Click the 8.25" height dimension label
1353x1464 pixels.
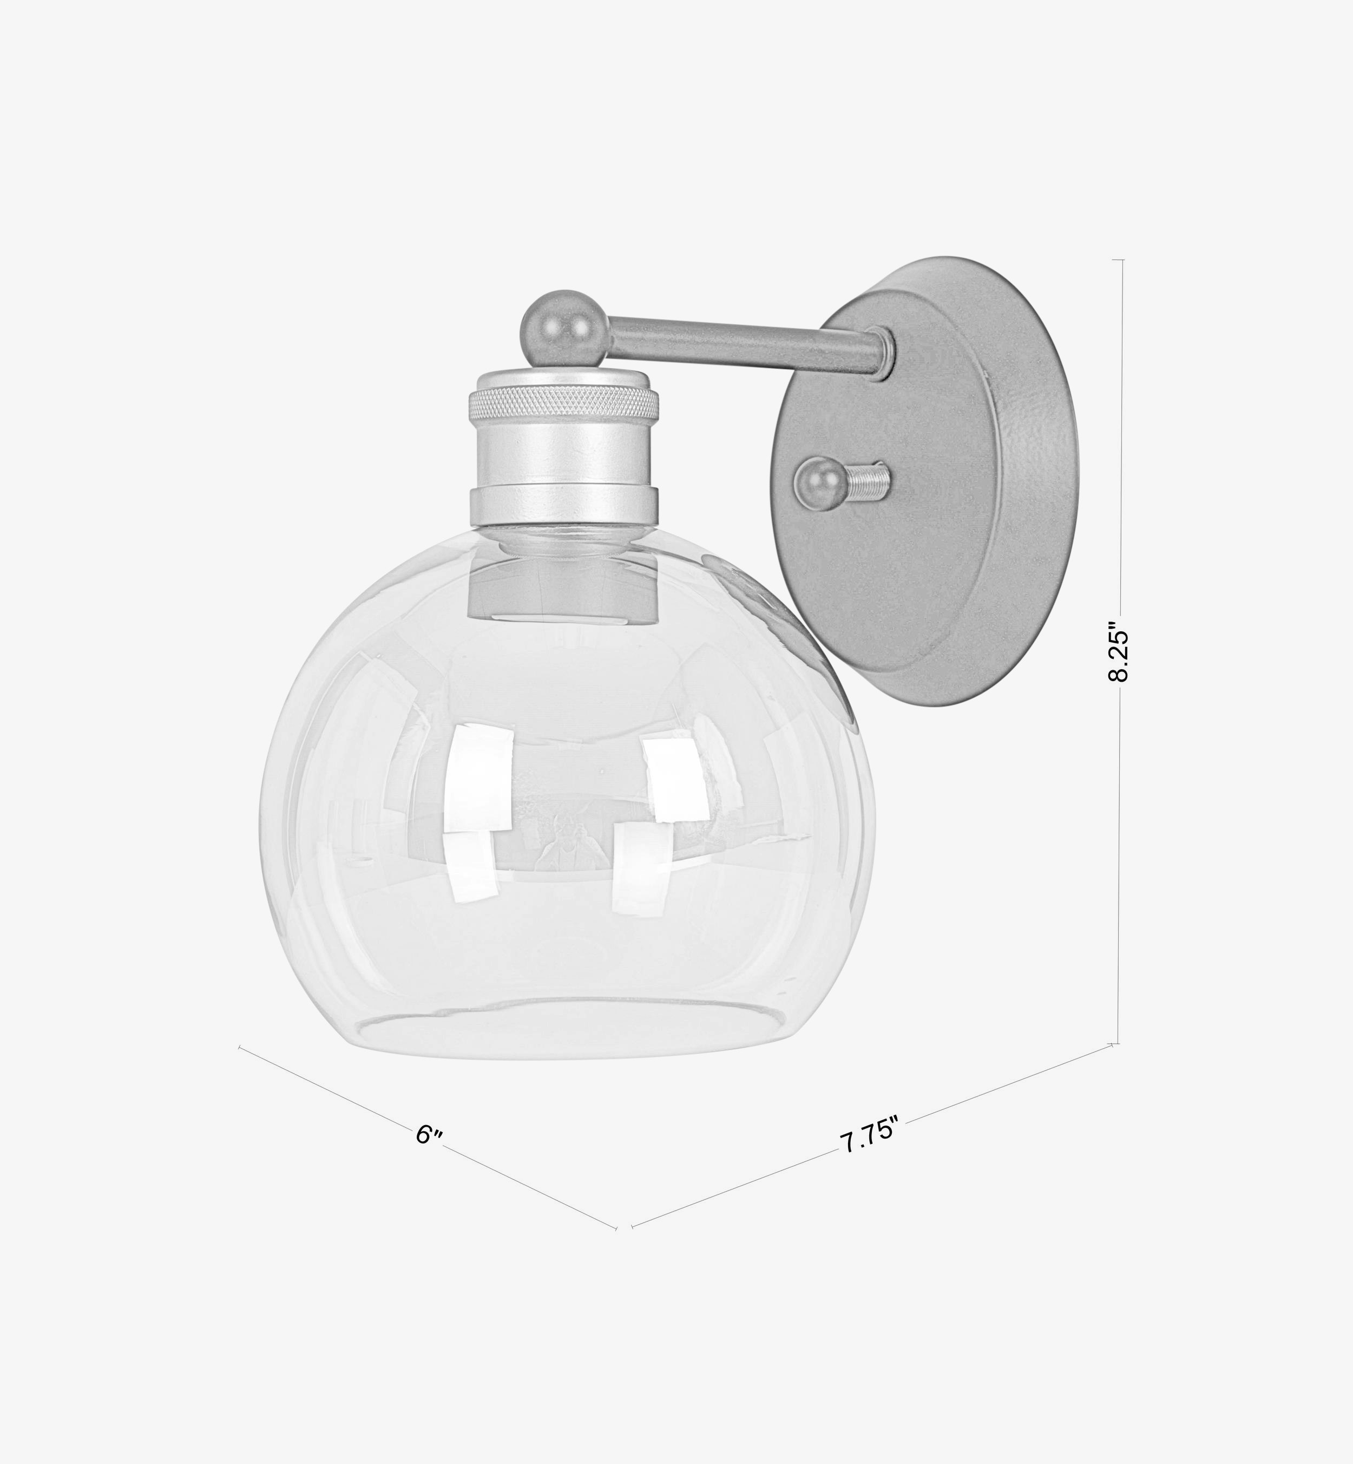point(1118,652)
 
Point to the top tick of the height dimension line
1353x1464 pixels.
point(1117,260)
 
